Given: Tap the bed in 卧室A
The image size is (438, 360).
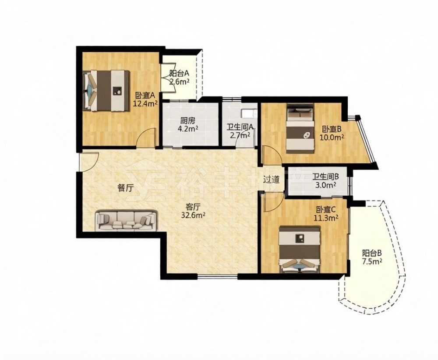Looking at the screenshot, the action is [106, 91].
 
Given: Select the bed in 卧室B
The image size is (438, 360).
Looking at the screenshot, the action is [300, 128].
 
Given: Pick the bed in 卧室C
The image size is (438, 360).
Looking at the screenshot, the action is [300, 249].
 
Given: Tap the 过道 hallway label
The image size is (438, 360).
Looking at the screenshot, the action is [271, 180].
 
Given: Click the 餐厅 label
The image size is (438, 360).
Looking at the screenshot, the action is [124, 188].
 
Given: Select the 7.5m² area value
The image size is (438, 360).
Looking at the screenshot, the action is [372, 261].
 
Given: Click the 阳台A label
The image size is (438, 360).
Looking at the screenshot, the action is [179, 74].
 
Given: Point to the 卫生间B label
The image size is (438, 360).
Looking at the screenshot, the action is [326, 177].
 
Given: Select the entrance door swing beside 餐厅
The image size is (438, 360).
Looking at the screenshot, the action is [88, 161].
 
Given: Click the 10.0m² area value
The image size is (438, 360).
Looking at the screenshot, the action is [332, 138].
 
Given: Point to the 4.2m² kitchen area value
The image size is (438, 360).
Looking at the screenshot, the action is [188, 129].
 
